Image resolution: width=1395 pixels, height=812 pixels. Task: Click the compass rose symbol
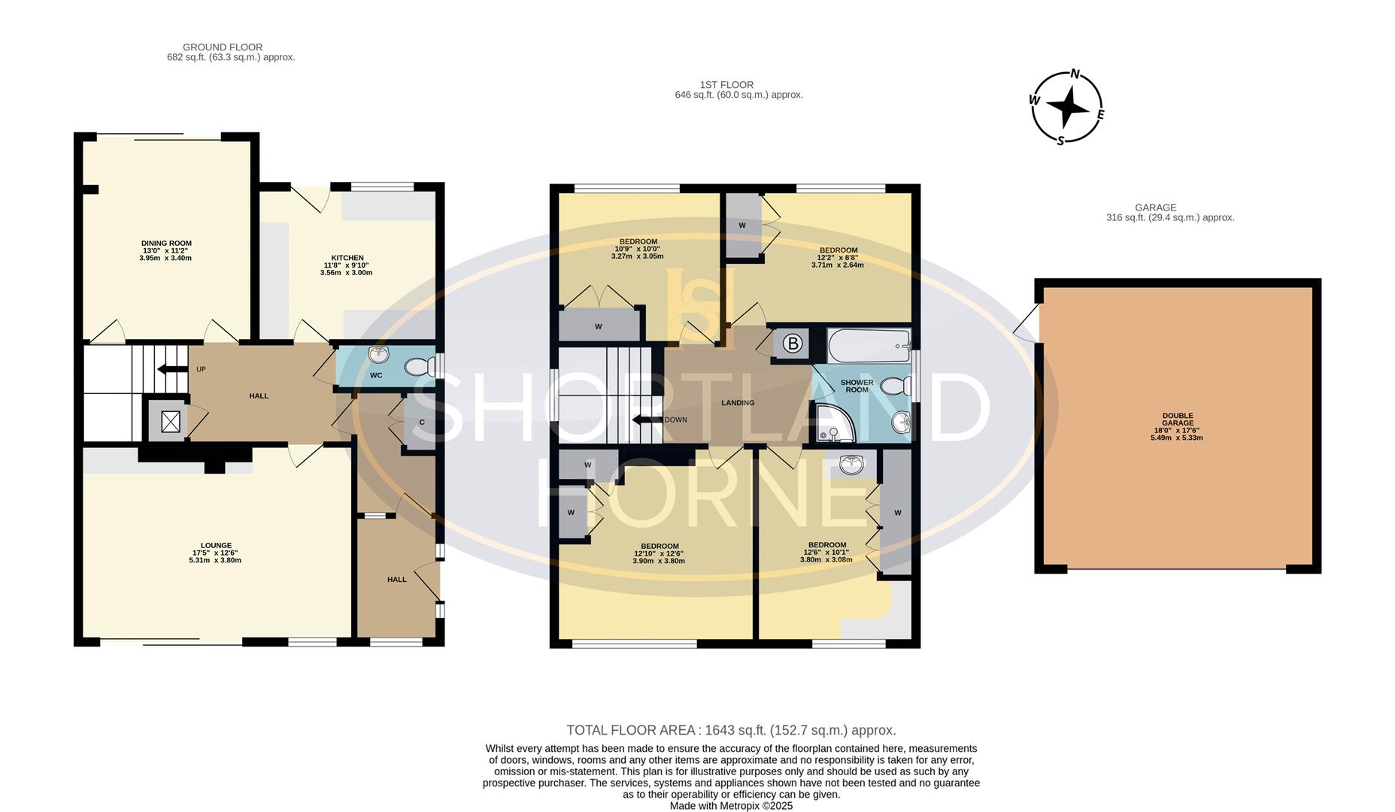point(1066,108)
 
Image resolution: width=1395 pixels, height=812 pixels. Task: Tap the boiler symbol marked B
point(792,344)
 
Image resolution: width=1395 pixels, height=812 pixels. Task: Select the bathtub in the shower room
point(869,346)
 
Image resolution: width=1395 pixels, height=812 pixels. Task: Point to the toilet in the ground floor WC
point(418,367)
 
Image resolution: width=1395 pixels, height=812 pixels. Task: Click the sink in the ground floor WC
point(378,354)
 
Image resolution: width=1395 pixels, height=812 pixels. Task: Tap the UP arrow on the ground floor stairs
point(172,368)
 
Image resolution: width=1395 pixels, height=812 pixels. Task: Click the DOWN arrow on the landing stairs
point(645,420)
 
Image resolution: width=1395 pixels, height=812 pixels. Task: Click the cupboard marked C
point(420,423)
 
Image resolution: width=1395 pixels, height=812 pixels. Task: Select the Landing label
point(738,403)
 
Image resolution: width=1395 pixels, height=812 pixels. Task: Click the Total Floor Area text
point(730,730)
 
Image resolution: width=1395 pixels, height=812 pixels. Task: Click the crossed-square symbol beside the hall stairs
point(171,422)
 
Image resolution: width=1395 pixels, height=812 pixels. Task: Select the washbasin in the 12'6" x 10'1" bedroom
point(851,465)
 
